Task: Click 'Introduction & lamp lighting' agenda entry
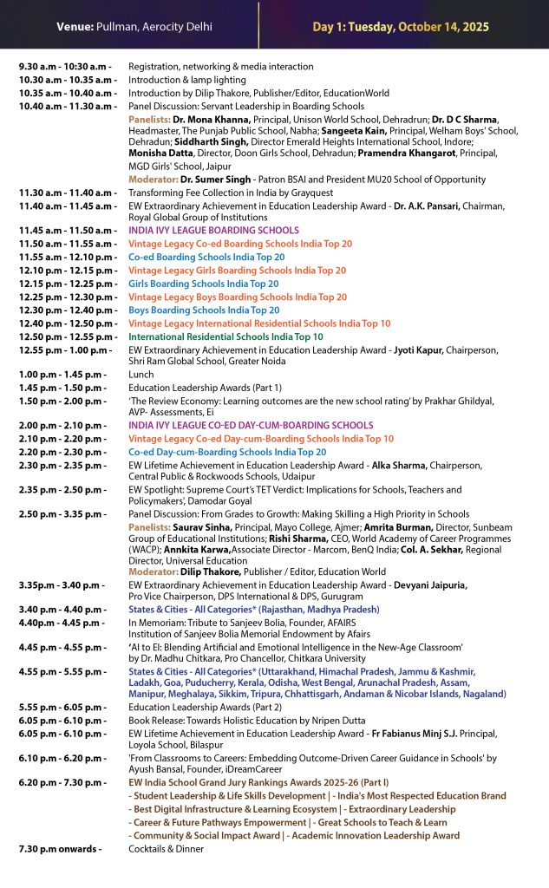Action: (186, 80)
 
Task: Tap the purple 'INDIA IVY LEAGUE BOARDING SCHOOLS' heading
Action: (213, 231)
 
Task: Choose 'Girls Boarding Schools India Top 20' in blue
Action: (204, 284)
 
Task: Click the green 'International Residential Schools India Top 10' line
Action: (225, 336)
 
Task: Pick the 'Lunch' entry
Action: (141, 375)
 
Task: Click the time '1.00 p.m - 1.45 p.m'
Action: (62, 375)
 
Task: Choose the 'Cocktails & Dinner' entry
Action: (170, 848)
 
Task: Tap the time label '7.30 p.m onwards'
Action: (60, 848)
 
